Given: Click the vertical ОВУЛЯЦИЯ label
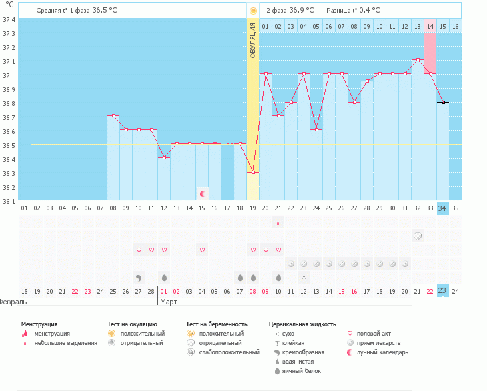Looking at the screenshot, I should (253, 40).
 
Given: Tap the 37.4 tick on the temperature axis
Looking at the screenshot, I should (9, 19).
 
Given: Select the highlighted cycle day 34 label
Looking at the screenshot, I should (443, 208).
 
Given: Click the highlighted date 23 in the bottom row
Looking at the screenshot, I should (443, 290).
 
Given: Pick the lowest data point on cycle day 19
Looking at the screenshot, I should (253, 173).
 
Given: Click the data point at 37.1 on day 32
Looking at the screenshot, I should (418, 60).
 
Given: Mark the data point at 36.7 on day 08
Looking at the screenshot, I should (113, 116).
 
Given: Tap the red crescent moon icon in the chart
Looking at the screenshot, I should (202, 194).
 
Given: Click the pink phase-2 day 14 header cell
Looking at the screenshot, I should (430, 26).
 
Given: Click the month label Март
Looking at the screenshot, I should (167, 302).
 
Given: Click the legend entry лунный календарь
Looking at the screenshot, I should (382, 352).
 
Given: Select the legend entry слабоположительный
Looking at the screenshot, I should (229, 352).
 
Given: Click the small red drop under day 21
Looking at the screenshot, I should (278, 224).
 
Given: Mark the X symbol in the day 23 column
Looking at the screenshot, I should (304, 277).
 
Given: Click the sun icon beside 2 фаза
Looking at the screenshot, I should (253, 11).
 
